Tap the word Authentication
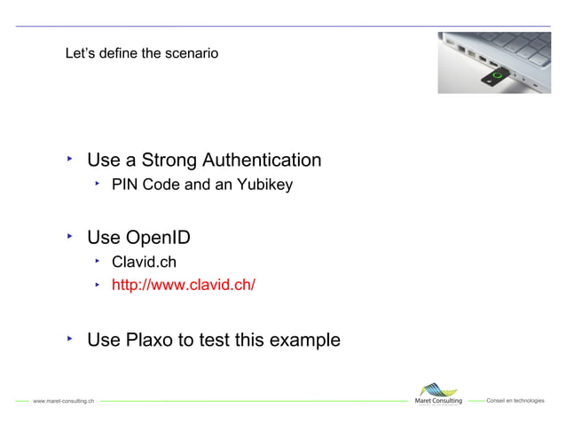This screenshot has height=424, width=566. (x=262, y=161)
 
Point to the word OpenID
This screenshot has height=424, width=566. (x=158, y=238)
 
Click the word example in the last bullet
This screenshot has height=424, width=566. (x=305, y=340)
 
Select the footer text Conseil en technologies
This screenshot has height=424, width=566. (x=515, y=401)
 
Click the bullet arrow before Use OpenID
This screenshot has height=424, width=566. (x=70, y=236)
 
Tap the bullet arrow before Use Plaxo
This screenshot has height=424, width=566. (x=70, y=338)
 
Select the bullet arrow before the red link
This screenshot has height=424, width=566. (x=98, y=284)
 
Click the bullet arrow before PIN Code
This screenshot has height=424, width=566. (x=98, y=185)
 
